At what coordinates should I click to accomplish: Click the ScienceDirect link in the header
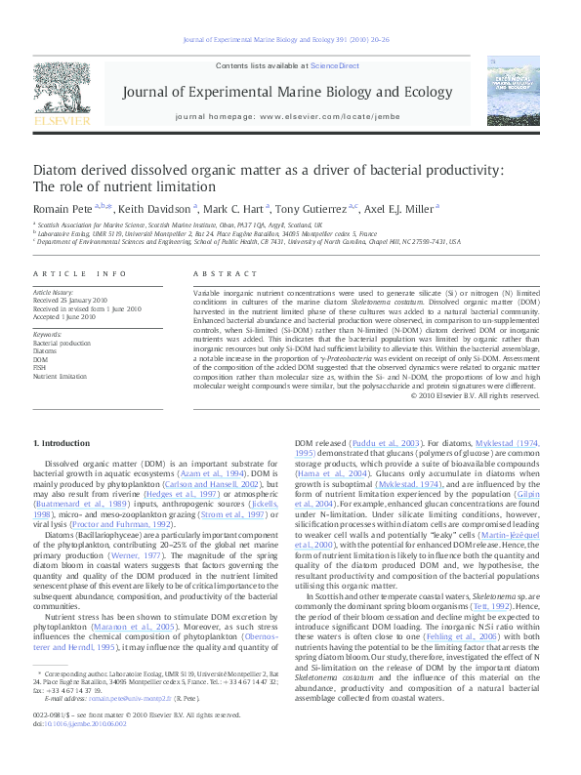tap(334, 65)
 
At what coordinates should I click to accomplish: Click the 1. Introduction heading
tap(62, 443)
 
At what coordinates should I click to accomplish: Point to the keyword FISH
tap(41, 367)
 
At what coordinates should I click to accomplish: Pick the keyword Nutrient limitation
tap(61, 375)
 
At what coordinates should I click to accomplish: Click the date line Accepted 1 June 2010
tap(64, 317)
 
